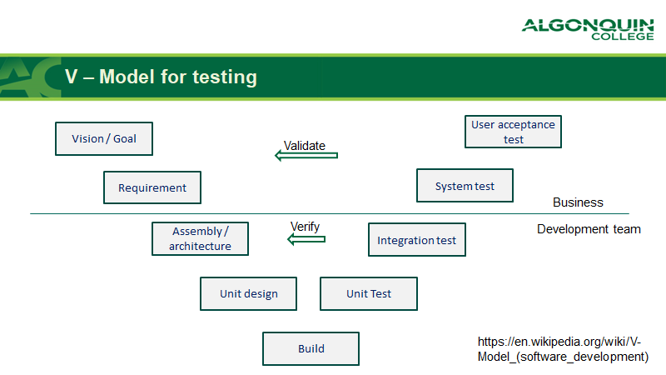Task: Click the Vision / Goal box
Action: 104,139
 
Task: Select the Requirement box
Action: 152,187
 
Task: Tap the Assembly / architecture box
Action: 201,239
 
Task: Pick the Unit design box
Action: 248,294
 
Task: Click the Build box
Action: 311,349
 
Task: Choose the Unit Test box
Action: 368,294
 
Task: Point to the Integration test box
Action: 417,240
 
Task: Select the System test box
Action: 465,186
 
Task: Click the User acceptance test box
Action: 513,132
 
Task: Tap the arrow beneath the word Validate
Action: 306,155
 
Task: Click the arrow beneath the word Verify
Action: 306,240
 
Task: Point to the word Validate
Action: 305,145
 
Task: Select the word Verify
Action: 305,226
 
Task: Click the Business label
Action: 578,202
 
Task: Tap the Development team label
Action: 589,229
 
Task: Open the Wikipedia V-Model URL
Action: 563,349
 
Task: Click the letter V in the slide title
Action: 72,77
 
